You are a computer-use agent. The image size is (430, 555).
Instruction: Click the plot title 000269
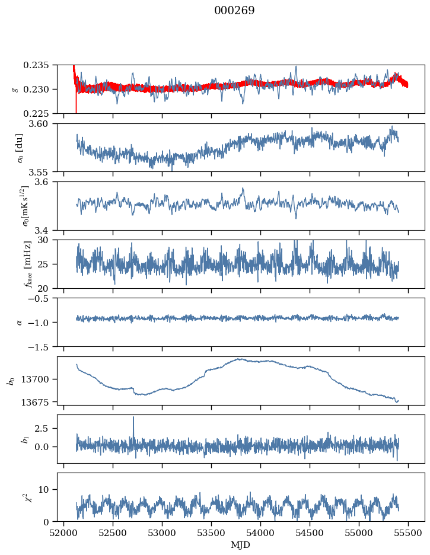pyautogui.click(x=234, y=11)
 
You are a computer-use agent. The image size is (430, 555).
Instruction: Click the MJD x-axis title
pyautogui.click(x=240, y=545)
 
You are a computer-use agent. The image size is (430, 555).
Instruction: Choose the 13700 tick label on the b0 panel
pyautogui.click(x=40, y=379)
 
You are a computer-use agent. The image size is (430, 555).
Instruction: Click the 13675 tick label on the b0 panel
pyautogui.click(x=40, y=402)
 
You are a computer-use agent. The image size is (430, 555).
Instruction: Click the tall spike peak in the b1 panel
pyautogui.click(x=133, y=417)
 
